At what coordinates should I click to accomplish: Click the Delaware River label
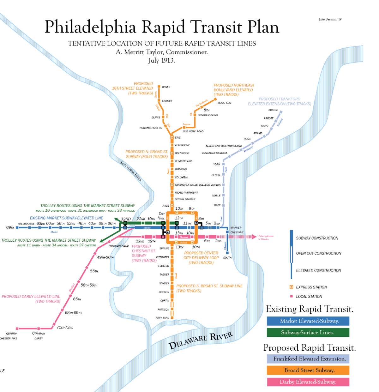(201, 341)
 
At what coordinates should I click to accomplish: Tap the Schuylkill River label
(131, 171)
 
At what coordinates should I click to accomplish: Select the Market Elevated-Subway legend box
(308, 321)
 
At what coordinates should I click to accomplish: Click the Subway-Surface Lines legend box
(308, 332)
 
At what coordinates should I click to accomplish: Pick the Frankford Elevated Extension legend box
(308, 359)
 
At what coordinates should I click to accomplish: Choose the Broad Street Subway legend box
(308, 370)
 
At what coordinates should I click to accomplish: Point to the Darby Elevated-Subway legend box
(308, 382)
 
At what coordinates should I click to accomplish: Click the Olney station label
(166, 87)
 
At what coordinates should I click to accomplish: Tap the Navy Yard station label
(162, 318)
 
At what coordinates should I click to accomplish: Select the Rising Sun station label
(224, 103)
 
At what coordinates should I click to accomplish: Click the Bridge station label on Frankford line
(273, 110)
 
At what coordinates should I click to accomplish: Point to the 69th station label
(10, 227)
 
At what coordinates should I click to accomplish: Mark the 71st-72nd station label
(65, 327)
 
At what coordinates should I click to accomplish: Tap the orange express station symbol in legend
(291, 287)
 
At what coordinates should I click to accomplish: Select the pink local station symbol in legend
(291, 296)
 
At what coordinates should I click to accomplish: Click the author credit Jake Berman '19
(330, 19)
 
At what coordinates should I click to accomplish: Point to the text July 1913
(161, 60)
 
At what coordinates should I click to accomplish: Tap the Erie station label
(178, 137)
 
